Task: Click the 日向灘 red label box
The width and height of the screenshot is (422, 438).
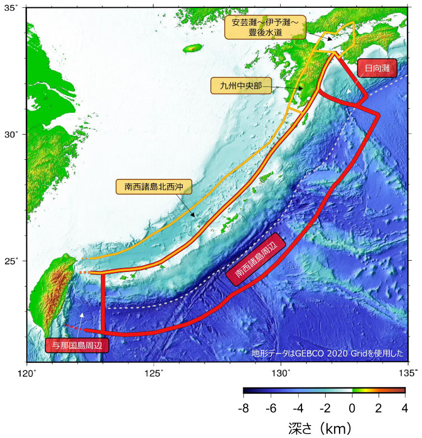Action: [x=377, y=68]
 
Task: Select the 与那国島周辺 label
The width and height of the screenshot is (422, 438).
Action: [x=77, y=345]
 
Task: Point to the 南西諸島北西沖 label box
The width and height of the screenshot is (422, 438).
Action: [x=154, y=187]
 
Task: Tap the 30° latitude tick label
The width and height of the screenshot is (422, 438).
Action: [x=12, y=134]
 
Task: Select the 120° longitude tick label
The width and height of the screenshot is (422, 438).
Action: [x=27, y=372]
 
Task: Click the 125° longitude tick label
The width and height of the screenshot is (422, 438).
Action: [x=154, y=372]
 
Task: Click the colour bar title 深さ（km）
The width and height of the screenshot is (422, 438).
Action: [x=324, y=428]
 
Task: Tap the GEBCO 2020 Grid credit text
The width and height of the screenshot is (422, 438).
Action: [x=327, y=353]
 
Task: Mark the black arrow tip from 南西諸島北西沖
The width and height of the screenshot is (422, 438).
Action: [x=195, y=217]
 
